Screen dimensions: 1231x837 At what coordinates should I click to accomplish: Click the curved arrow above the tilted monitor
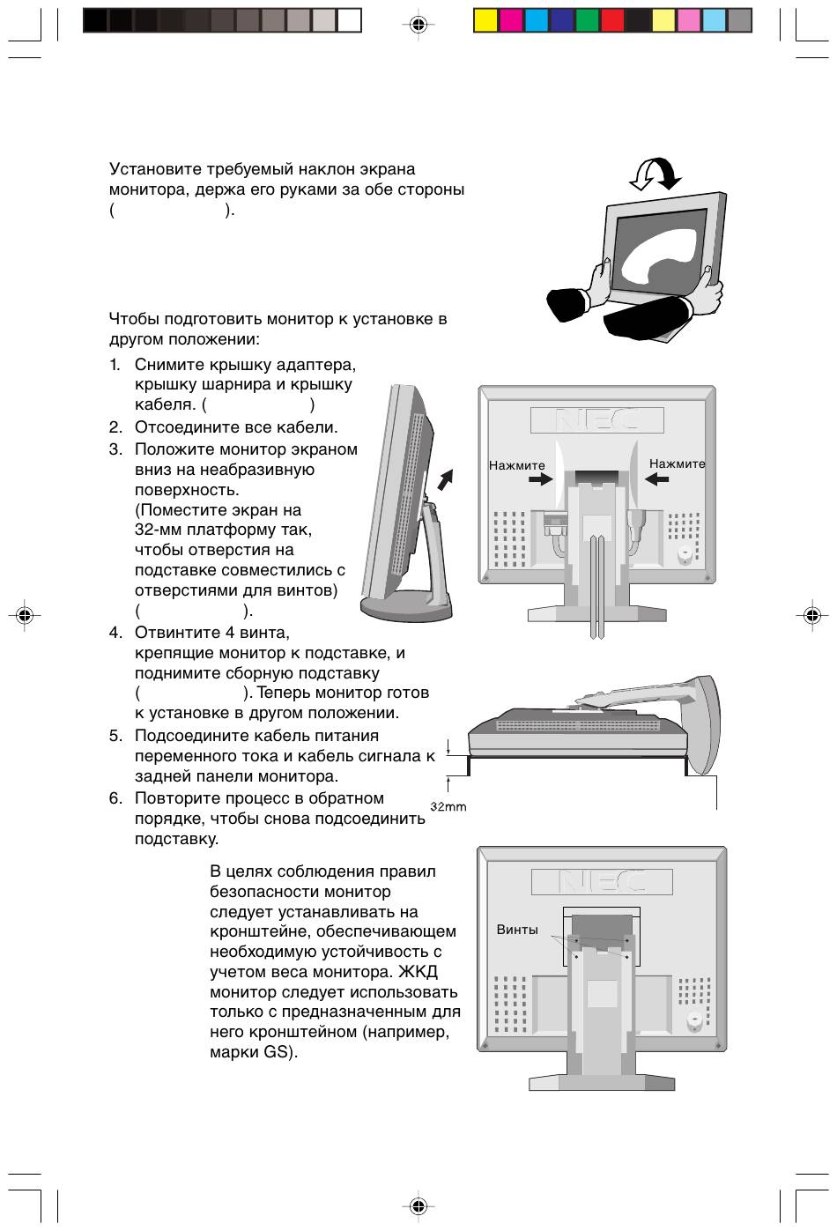[655, 173]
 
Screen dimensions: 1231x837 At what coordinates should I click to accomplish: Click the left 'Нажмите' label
[517, 465]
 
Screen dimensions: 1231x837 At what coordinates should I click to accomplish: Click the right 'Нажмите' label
[677, 463]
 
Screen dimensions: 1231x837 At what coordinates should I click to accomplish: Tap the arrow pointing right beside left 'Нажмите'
[540, 479]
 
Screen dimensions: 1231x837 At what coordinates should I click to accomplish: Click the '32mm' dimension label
[448, 806]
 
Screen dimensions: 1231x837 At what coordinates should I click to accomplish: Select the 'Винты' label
[517, 930]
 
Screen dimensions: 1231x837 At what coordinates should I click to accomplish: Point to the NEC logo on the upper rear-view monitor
[596, 420]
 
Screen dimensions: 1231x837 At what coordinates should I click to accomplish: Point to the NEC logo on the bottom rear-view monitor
[602, 881]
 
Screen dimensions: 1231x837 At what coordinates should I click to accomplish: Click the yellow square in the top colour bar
[485, 20]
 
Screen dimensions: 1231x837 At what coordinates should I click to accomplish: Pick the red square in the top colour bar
[612, 20]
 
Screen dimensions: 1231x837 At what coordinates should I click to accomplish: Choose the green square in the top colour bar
[587, 20]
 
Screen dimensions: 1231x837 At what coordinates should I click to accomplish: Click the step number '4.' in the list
[115, 633]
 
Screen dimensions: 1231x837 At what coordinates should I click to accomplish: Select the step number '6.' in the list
[115, 798]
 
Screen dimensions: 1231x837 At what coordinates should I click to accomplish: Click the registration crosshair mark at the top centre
[418, 25]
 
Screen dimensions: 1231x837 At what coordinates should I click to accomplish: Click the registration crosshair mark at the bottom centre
[418, 1205]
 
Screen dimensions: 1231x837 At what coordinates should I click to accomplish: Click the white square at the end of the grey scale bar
[349, 20]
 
